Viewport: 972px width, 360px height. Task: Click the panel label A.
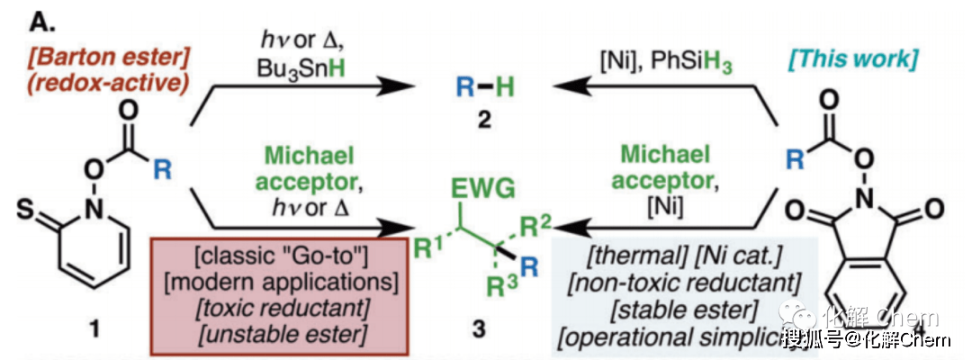pyautogui.click(x=20, y=17)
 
